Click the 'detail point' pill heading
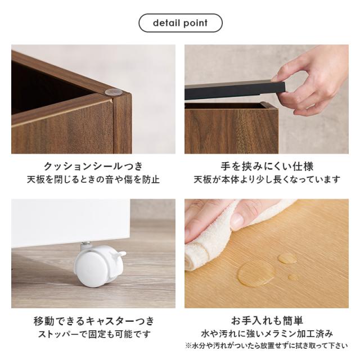pyautogui.click(x=181, y=23)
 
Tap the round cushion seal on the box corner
pyautogui.click(x=111, y=92)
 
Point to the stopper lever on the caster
pyautogui.click(x=120, y=254)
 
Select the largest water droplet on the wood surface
pyautogui.click(x=256, y=273)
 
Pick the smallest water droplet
pyautogui.click(x=292, y=277)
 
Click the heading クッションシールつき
pyautogui.click(x=93, y=166)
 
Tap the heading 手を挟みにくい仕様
pyautogui.click(x=267, y=166)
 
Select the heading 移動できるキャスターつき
pyautogui.click(x=94, y=321)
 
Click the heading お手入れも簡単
pyautogui.click(x=267, y=321)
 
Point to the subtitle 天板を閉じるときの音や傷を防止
pyautogui.click(x=93, y=179)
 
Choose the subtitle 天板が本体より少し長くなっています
pyautogui.click(x=267, y=179)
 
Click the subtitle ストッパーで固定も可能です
pyautogui.click(x=94, y=334)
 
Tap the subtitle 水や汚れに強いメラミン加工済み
pyautogui.click(x=267, y=334)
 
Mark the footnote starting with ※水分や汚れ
pyautogui.click(x=267, y=345)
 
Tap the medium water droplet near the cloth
pyautogui.click(x=287, y=258)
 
